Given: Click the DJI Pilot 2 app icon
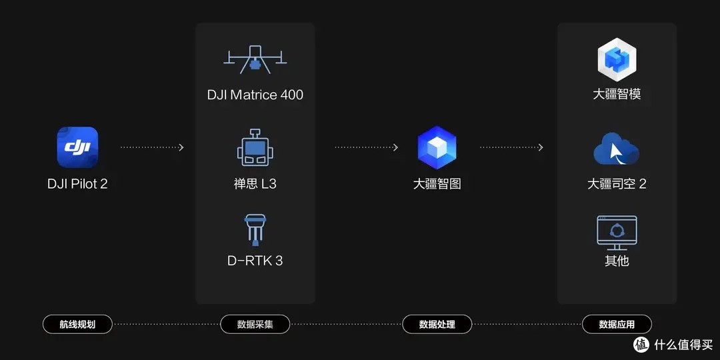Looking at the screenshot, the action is [77, 147].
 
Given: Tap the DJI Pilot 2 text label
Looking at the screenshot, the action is [77, 184].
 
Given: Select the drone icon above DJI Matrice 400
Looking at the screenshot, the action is [255, 60].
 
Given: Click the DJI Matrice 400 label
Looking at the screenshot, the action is [255, 95].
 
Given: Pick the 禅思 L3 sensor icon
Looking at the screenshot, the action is [255, 147].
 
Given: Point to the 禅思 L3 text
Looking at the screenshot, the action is [255, 184].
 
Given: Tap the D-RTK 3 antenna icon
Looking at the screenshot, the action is [255, 230].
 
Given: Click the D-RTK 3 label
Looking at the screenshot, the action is [255, 261].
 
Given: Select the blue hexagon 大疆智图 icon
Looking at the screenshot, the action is [437, 147].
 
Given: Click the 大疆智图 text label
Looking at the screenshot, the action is [437, 184].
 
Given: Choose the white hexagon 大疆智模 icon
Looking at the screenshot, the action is [617, 60].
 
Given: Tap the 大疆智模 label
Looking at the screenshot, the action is [617, 95].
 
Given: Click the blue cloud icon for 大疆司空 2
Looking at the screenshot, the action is [616, 149].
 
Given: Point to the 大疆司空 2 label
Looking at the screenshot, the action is [617, 184].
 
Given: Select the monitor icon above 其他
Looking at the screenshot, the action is [617, 233].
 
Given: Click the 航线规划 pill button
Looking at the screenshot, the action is [77, 324].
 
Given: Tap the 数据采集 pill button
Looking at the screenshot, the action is [255, 324].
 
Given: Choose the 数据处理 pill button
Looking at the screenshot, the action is [437, 324].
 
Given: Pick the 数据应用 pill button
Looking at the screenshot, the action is [617, 324].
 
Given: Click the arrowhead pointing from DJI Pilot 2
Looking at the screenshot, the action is [181, 147].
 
